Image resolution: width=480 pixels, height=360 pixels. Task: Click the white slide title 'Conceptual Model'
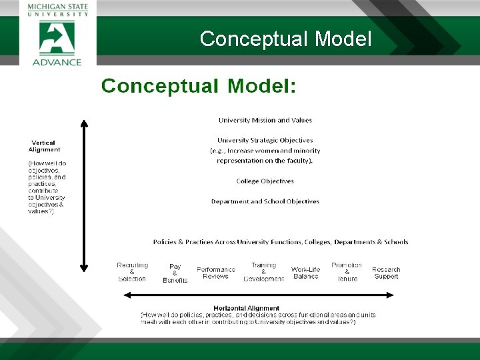[x=285, y=39]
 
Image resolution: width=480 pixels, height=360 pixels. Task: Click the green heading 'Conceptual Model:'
[x=199, y=86]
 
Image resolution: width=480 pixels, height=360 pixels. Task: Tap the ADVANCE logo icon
[x=57, y=38]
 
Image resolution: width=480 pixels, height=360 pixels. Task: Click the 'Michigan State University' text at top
[x=57, y=10]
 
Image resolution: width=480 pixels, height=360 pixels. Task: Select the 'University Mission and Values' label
[x=265, y=120]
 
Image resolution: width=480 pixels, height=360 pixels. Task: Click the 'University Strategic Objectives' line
[x=265, y=140]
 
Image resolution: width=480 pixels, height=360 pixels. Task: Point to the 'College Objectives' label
[x=265, y=181]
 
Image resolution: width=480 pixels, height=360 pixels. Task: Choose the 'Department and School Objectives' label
[x=265, y=201]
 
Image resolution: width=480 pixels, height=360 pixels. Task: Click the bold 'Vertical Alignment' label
[x=45, y=146]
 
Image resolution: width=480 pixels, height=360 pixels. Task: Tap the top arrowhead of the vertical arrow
[x=84, y=123]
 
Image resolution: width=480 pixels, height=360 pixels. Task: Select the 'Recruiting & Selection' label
[x=132, y=272]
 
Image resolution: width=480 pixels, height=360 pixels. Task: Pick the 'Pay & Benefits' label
[x=175, y=273]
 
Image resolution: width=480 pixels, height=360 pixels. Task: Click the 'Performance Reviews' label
[x=216, y=273]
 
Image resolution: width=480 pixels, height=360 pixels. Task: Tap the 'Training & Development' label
[x=263, y=272]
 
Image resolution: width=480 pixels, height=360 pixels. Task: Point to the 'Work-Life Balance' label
[x=305, y=273]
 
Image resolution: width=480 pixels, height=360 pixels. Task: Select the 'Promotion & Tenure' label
[x=347, y=272]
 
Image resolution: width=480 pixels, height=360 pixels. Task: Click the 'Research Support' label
[x=386, y=273]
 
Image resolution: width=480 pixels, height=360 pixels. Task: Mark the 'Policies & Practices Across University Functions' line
[x=281, y=242]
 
